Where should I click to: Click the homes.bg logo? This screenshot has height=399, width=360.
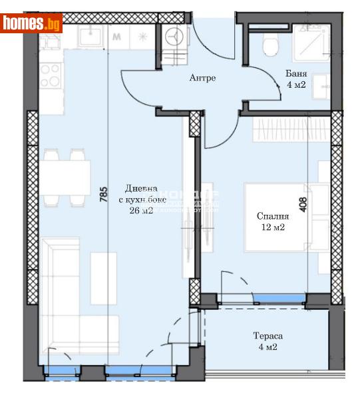point(31,23)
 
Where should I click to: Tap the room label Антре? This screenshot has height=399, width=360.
point(202,78)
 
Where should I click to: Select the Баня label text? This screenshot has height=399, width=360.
point(296,74)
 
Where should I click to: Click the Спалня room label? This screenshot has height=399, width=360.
point(273,216)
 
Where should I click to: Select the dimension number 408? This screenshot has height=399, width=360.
point(303,203)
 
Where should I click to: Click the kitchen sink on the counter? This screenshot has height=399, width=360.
point(90,37)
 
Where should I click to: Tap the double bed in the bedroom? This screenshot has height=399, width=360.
point(286,216)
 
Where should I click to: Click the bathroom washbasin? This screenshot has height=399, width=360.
point(321,83)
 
